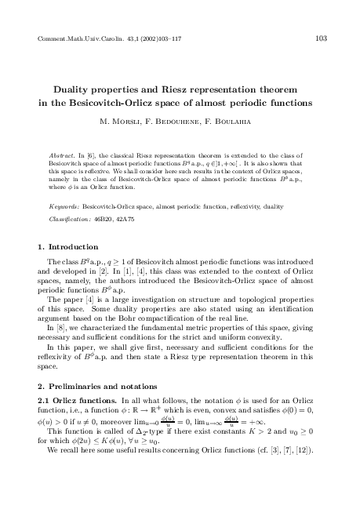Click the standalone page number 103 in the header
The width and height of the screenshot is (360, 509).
(320, 38)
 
